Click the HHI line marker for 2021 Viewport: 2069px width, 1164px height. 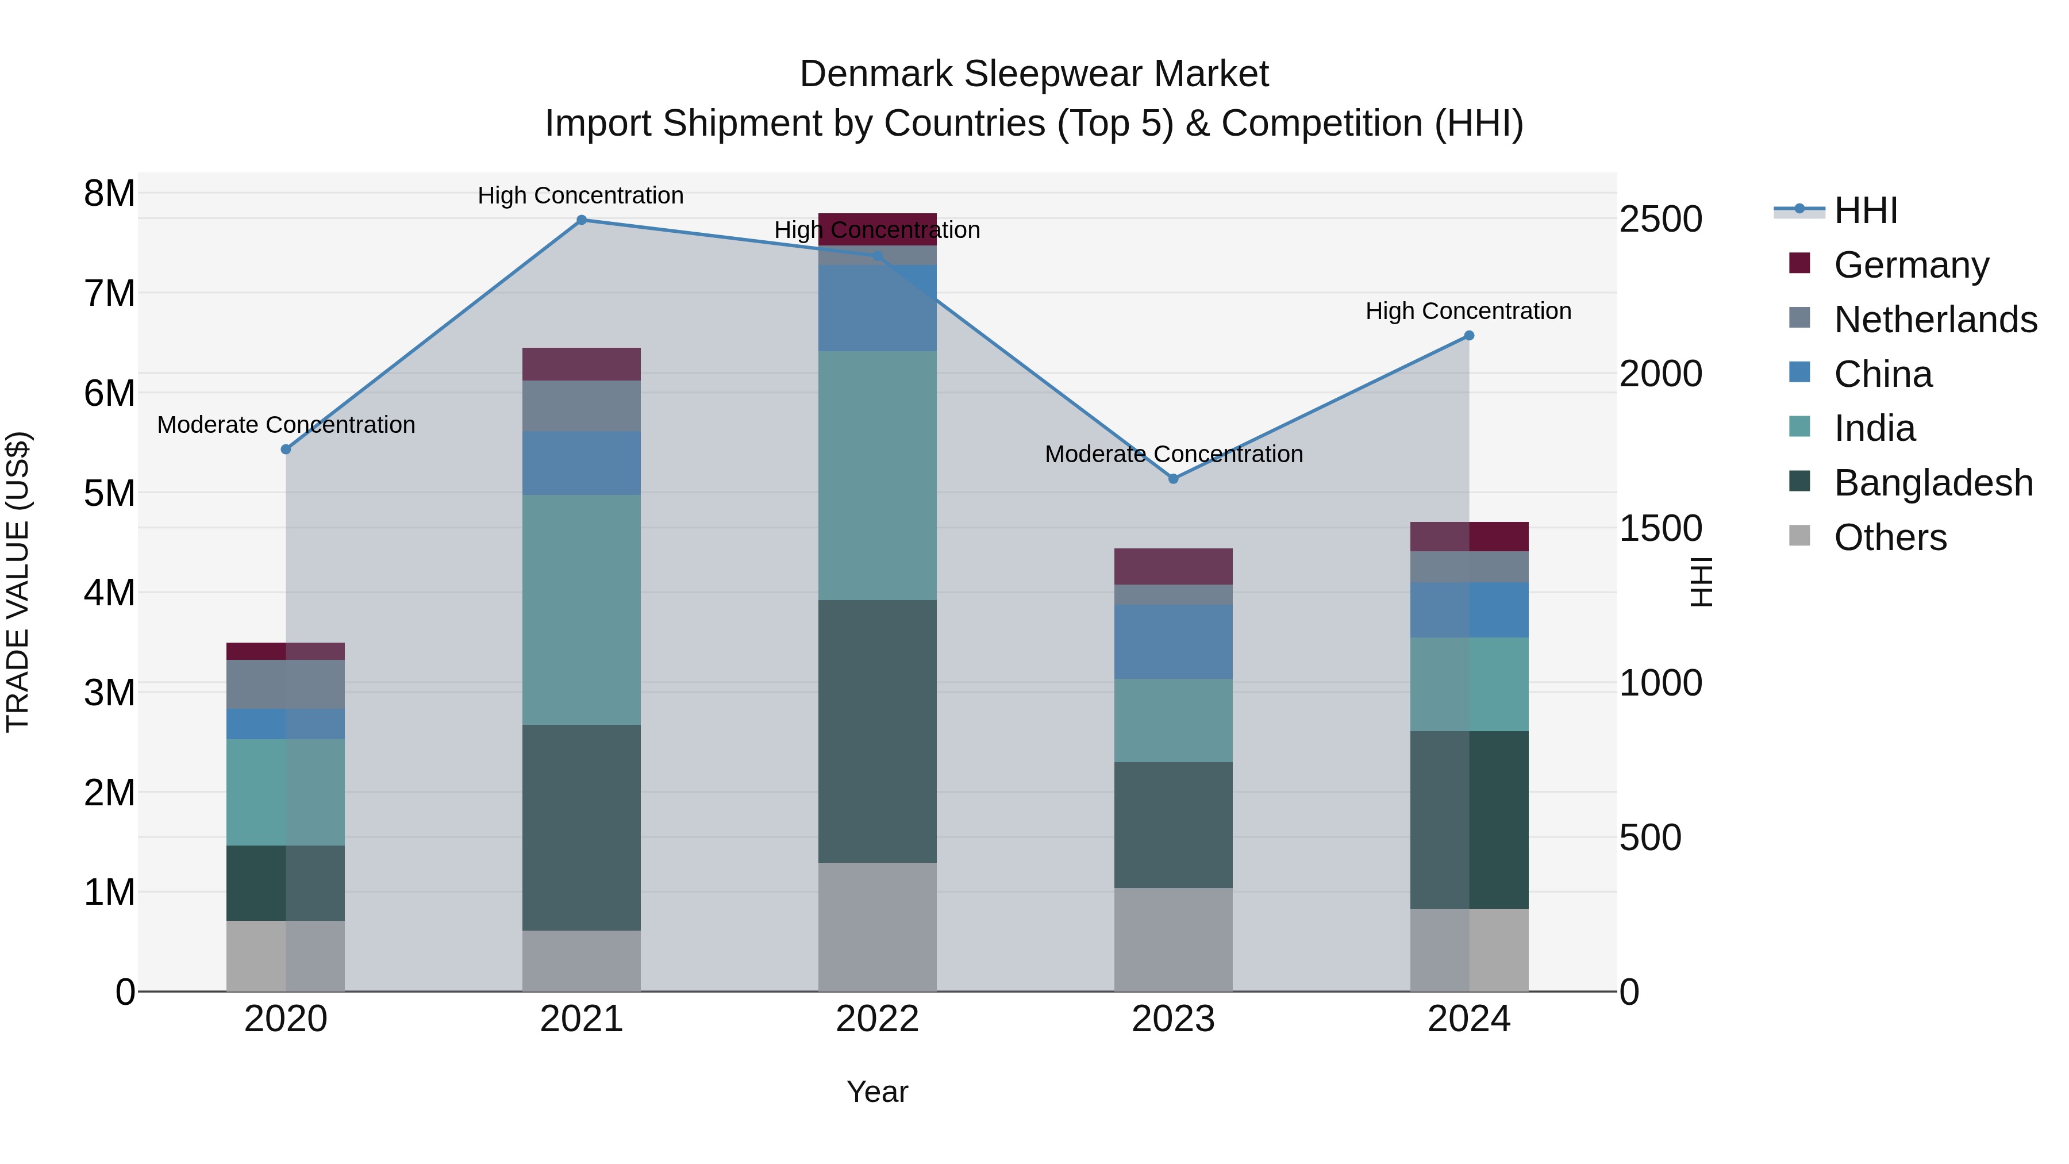tap(582, 220)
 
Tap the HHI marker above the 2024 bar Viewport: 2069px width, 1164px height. tap(1469, 336)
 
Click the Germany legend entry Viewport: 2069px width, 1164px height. tap(1911, 265)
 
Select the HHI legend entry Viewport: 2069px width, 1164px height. tap(1865, 210)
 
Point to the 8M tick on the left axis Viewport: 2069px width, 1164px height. tap(109, 194)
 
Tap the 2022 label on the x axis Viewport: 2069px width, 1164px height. tap(877, 1019)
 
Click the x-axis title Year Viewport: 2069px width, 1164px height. tap(877, 1092)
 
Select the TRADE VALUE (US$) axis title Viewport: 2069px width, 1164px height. tap(18, 582)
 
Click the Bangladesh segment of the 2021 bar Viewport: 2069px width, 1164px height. tap(582, 827)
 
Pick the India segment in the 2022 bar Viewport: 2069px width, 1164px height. tap(877, 475)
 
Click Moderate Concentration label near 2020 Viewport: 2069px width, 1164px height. tap(286, 424)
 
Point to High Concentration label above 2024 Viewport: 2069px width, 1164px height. tap(1468, 311)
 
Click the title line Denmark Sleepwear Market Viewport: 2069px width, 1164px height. tap(1034, 74)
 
